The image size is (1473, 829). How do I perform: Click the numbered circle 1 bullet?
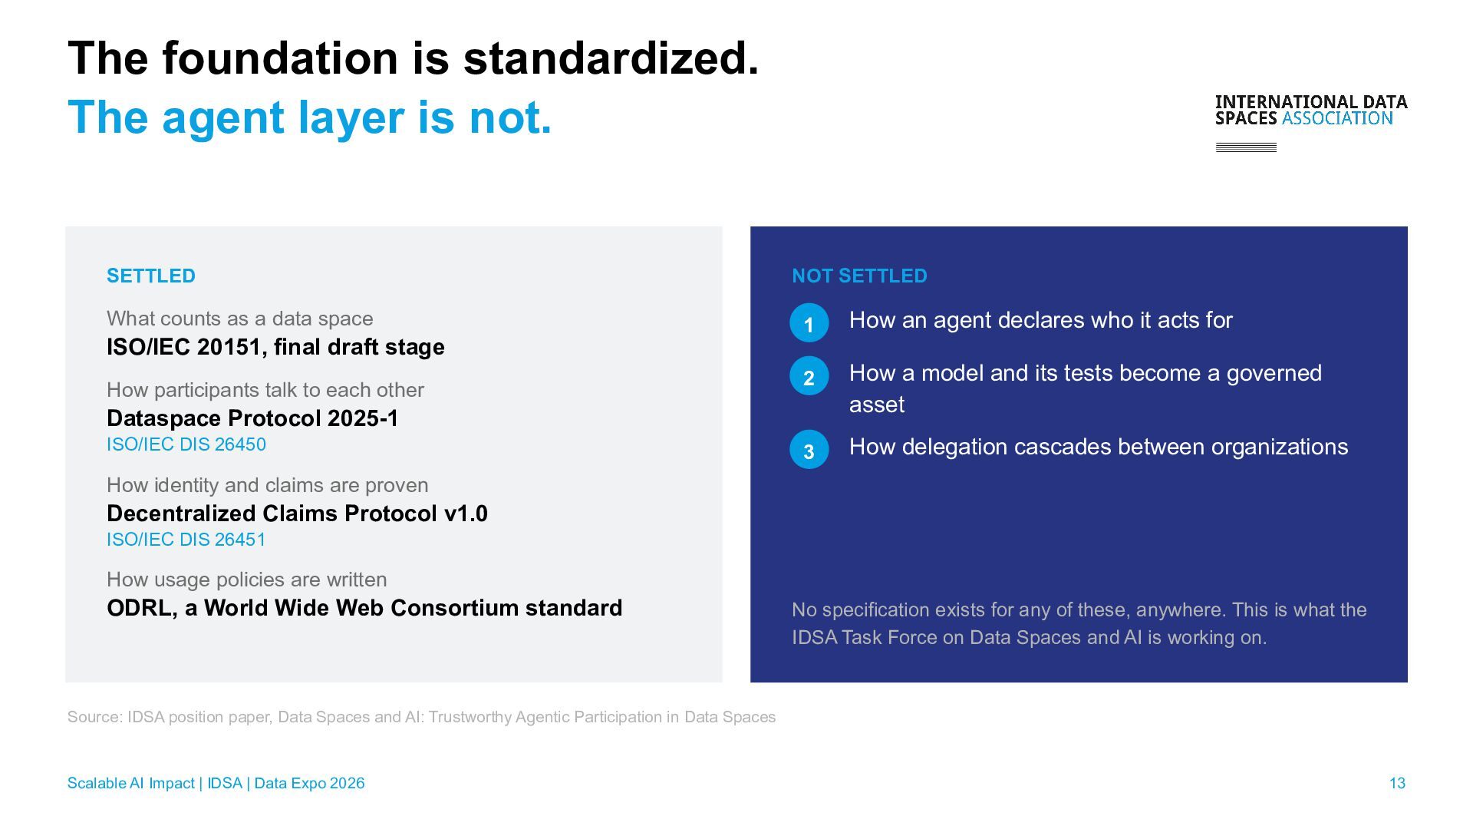[x=809, y=323]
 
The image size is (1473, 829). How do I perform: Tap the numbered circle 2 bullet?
[x=809, y=376]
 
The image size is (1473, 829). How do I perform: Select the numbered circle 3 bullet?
[x=809, y=450]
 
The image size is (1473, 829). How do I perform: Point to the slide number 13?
[x=1397, y=783]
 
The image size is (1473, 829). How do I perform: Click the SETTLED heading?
[x=151, y=276]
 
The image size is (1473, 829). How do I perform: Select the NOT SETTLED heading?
[x=859, y=276]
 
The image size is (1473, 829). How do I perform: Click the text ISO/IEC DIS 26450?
[x=186, y=444]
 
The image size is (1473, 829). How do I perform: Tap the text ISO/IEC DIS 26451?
[x=186, y=540]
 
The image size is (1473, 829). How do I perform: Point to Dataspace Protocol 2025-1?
[x=252, y=418]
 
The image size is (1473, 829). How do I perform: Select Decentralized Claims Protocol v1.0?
[x=297, y=514]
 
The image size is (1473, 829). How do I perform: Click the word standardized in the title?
[x=611, y=58]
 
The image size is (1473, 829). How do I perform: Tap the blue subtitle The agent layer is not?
[x=310, y=117]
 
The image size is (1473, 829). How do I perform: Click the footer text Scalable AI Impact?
[x=130, y=783]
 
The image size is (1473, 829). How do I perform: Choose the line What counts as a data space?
[x=240, y=319]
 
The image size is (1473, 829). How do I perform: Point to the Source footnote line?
[x=421, y=717]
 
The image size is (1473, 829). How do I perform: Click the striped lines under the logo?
[x=1246, y=147]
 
